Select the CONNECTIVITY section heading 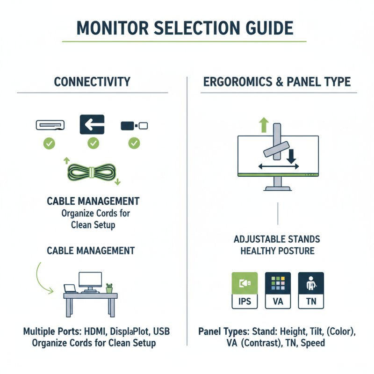pyautogui.click(x=92, y=82)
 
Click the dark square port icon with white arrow pyautogui.click(x=93, y=125)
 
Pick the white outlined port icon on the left pyautogui.click(x=50, y=125)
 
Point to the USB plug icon pyautogui.click(x=134, y=125)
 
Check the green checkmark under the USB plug pyautogui.click(x=134, y=143)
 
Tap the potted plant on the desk pyautogui.click(x=109, y=288)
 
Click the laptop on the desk pyautogui.click(x=71, y=289)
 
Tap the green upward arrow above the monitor pyautogui.click(x=264, y=125)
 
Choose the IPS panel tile pyautogui.click(x=245, y=290)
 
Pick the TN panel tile pyautogui.click(x=311, y=290)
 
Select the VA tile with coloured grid pyautogui.click(x=278, y=290)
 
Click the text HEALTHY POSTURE pyautogui.click(x=277, y=251)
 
